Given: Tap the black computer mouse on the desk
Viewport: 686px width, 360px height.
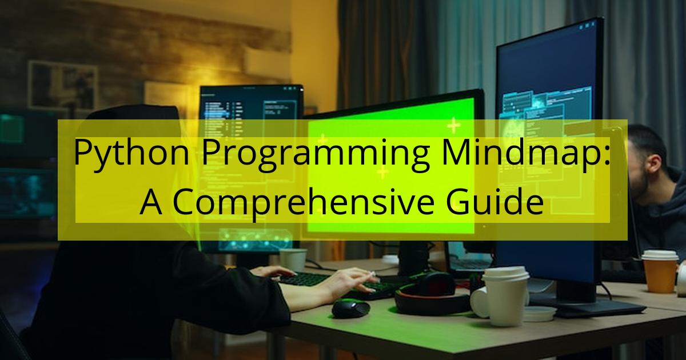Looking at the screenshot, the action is tap(350, 307).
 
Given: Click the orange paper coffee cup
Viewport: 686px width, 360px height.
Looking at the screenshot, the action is tap(659, 271).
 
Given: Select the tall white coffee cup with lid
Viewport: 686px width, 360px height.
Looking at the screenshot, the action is tap(506, 296).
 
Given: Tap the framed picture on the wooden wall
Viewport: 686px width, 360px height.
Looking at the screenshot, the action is tap(63, 86).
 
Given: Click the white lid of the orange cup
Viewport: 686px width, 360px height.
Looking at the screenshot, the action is tap(659, 255).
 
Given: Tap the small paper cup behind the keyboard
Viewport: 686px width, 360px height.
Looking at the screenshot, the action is tap(293, 259).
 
